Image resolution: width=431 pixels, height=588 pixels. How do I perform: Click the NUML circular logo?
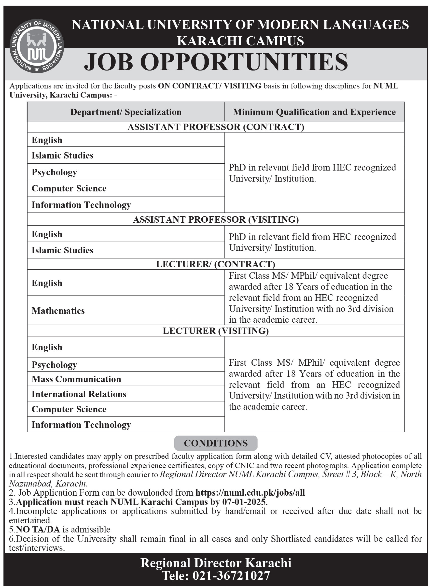click(37, 46)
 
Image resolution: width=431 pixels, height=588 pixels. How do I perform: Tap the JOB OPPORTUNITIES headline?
click(216, 62)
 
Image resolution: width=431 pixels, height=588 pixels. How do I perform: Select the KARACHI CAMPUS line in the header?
click(240, 41)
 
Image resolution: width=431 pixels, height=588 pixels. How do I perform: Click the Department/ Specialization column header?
click(126, 112)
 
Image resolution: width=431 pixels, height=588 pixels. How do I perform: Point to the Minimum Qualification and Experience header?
click(314, 112)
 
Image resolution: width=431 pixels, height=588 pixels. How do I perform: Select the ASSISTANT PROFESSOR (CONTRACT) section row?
click(216, 127)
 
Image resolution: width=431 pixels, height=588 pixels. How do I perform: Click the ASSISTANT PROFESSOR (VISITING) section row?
click(216, 219)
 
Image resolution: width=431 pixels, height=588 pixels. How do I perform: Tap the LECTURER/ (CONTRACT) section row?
click(216, 264)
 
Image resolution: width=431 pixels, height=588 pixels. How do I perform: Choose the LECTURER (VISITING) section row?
click(216, 331)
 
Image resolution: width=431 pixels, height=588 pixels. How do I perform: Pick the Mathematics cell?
click(58, 311)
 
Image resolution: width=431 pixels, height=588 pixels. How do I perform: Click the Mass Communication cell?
click(76, 379)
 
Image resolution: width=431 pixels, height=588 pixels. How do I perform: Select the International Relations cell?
click(79, 394)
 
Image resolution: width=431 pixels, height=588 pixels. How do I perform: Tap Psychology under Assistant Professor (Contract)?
click(54, 172)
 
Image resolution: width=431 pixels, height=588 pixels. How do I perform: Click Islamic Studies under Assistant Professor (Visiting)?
click(62, 250)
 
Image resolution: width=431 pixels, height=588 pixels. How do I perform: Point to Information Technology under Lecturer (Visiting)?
click(81, 425)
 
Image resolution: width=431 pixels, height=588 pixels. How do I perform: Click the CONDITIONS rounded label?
click(216, 443)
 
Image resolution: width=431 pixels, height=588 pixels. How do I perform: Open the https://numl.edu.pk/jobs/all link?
click(250, 493)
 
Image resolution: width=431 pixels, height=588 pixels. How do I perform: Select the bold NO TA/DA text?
click(38, 529)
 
